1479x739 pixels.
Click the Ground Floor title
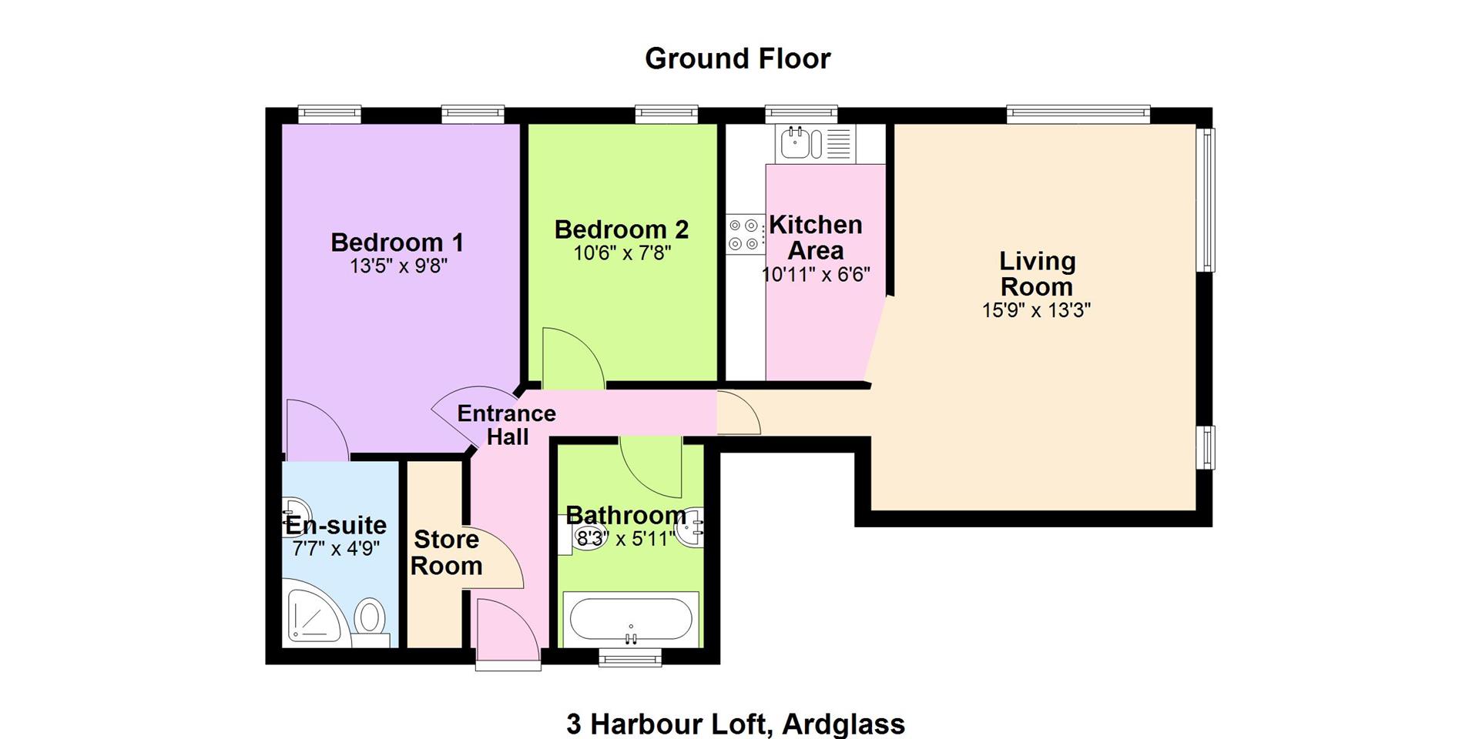737,59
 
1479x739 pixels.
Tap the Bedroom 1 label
397,242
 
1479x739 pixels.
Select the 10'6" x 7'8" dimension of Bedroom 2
622,252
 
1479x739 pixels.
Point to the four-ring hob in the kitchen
745,234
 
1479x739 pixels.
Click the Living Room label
1037,273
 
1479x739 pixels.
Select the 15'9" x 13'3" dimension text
1037,310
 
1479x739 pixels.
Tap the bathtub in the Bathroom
631,620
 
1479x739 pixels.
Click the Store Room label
447,552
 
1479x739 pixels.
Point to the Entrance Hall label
507,425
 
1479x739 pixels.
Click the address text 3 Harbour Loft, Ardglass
736,724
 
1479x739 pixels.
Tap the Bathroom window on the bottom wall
631,657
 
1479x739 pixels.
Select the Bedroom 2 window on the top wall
667,115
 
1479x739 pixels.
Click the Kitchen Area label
816,237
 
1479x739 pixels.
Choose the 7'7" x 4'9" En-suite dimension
337,549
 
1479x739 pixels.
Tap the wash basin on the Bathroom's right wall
690,527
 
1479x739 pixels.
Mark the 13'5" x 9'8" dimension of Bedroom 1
398,266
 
